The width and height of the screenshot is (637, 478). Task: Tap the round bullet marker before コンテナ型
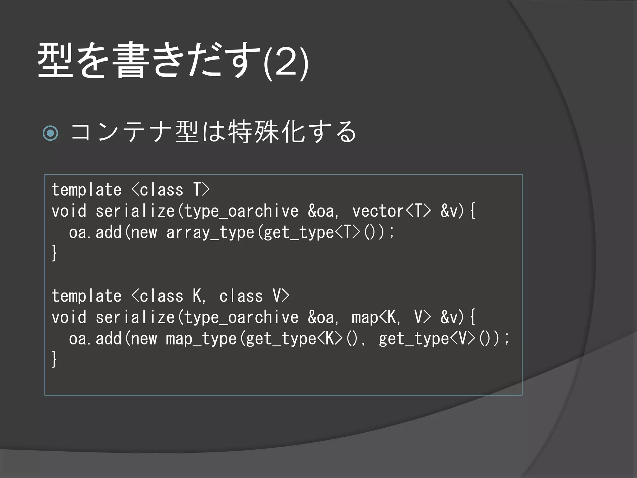(x=50, y=133)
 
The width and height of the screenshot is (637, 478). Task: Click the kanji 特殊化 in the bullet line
(x=267, y=132)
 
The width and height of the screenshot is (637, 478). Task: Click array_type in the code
(x=210, y=233)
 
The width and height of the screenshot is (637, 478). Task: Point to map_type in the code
(x=201, y=339)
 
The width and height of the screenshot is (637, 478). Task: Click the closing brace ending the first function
(x=54, y=253)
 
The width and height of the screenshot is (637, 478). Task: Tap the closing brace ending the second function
(x=54, y=359)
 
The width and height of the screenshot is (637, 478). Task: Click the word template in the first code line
(x=86, y=190)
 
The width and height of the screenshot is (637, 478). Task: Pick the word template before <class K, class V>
(x=86, y=296)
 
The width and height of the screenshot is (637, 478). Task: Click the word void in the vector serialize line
(x=69, y=211)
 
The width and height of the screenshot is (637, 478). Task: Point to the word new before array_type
(x=144, y=233)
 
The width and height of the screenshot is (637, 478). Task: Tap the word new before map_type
(x=144, y=339)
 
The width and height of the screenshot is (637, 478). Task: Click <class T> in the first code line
(x=171, y=190)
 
